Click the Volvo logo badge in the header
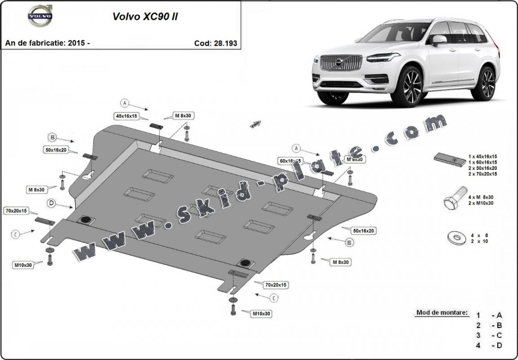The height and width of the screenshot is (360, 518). pos(40,16)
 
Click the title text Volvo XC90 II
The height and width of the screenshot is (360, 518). pos(145,17)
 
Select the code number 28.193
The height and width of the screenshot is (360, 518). pos(226,44)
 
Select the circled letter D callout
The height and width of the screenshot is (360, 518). pos(52,204)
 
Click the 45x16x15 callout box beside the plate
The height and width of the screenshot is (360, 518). pos(126,116)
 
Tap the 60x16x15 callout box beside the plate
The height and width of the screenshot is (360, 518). pos(290,160)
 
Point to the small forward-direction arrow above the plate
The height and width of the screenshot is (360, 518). pos(255,124)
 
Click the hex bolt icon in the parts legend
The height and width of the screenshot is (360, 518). pos(451,202)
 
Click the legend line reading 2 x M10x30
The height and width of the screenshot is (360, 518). pos(481,203)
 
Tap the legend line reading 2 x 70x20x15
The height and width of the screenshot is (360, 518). pos(482,174)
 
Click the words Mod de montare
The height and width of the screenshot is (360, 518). pos(442,312)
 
